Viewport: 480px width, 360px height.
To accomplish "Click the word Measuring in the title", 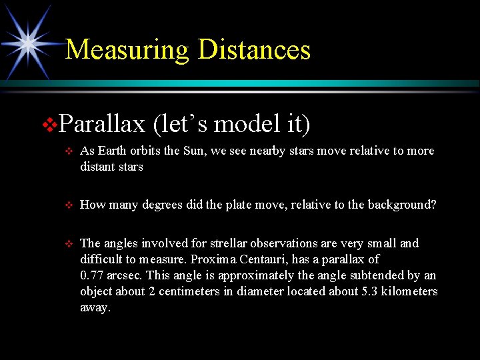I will click(127, 50).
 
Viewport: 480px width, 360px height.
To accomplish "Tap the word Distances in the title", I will click(254, 50).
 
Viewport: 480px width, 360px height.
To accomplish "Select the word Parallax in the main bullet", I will click(102, 124).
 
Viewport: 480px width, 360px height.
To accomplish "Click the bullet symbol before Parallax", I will click(50, 125).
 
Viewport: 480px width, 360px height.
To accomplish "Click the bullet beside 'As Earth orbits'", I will click(67, 151).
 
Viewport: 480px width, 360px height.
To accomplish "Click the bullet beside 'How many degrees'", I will click(67, 206).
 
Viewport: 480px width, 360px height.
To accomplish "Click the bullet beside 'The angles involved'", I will click(67, 244).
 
